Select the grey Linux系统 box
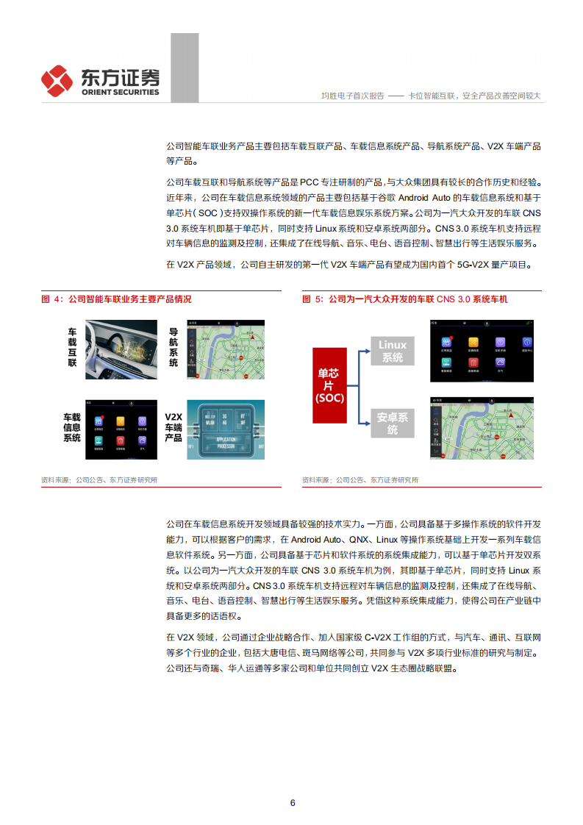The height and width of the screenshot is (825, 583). point(393,351)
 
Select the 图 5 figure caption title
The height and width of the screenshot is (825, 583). point(405,299)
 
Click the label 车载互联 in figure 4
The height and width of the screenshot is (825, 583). point(72,348)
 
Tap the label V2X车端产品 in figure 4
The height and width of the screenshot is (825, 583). point(173,427)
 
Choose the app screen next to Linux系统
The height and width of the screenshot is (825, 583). point(482,351)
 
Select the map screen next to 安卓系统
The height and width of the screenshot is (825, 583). point(482,428)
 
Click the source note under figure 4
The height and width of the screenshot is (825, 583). point(99,480)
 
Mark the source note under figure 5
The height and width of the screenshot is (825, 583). point(360,480)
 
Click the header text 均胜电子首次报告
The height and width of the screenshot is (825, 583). point(353,96)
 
